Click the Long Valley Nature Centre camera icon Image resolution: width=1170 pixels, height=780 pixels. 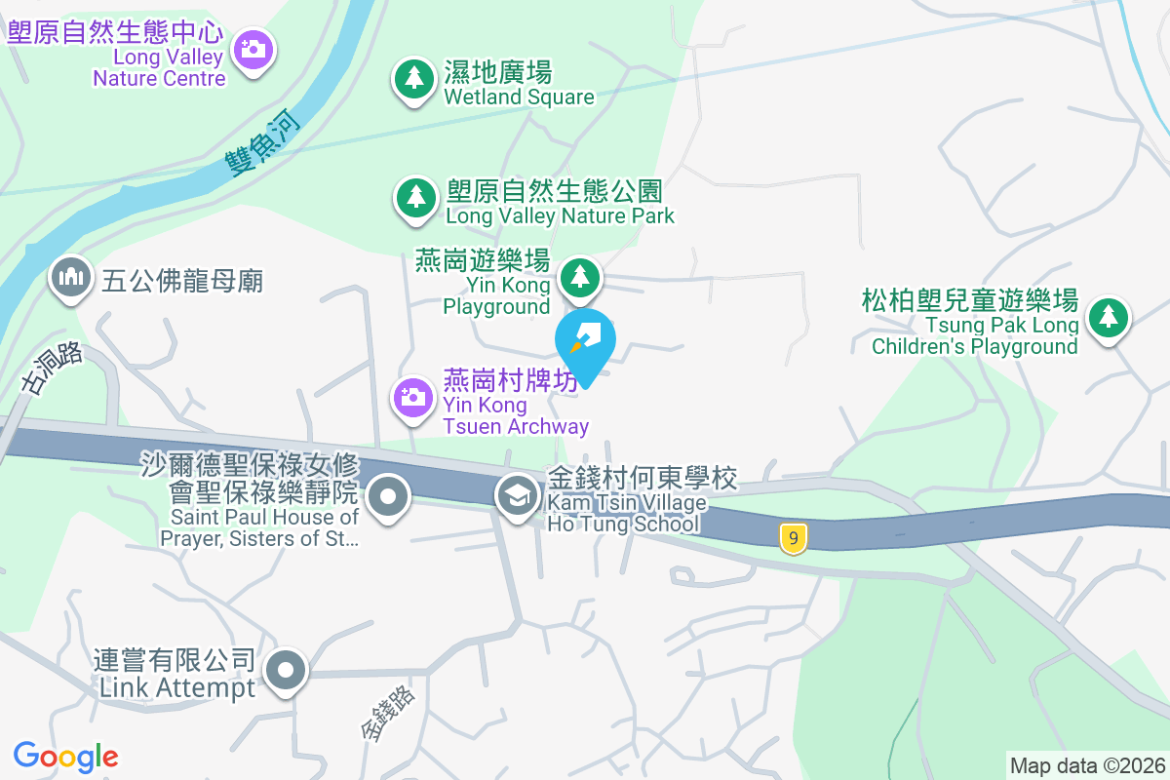253,48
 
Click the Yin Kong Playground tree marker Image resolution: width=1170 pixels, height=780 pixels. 580,278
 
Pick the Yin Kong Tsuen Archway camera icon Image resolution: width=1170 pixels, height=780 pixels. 413,397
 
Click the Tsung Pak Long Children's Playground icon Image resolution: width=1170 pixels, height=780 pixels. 1108,317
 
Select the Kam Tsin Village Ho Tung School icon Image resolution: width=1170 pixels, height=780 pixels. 518,496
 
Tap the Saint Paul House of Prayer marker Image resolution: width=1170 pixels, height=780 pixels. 388,497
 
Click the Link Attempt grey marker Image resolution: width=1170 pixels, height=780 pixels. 286,672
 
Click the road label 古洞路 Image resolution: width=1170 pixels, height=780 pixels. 53,369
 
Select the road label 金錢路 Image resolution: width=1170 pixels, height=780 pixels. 388,713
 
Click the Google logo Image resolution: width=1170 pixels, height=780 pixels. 65,757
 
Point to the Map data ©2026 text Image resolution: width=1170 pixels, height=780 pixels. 1086,765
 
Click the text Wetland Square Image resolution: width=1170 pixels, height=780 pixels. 519,97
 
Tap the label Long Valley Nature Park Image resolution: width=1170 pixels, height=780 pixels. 560,215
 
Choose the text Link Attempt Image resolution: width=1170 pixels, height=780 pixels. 177,687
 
